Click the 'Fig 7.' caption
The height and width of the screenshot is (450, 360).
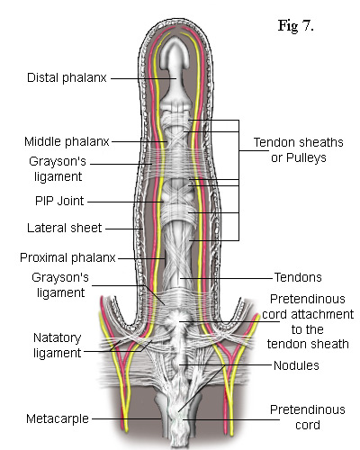tap(296, 26)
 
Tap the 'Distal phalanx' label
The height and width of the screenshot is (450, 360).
tap(67, 77)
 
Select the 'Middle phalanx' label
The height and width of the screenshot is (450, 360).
tap(67, 141)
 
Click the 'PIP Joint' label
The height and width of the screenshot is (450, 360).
tap(59, 201)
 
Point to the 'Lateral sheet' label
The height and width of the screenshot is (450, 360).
tap(65, 228)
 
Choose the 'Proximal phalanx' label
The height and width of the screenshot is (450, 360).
tap(67, 257)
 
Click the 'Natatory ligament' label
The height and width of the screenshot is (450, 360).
tap(57, 346)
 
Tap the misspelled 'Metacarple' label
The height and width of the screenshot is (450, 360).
tap(58, 418)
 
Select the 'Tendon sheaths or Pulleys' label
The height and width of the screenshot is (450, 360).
tap(299, 149)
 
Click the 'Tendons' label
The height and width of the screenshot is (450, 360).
tap(298, 277)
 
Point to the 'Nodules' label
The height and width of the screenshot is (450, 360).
tap(296, 365)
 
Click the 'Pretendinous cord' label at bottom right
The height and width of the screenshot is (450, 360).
tap(308, 418)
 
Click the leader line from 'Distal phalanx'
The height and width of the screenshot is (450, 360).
tap(144, 78)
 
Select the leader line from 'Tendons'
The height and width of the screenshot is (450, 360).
tap(226, 278)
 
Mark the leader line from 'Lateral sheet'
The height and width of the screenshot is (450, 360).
tap(124, 229)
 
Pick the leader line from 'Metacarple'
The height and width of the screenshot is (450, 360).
tap(126, 418)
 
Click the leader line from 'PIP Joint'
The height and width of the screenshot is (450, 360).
tap(125, 202)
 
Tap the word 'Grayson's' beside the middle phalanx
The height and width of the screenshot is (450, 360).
tap(58, 162)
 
